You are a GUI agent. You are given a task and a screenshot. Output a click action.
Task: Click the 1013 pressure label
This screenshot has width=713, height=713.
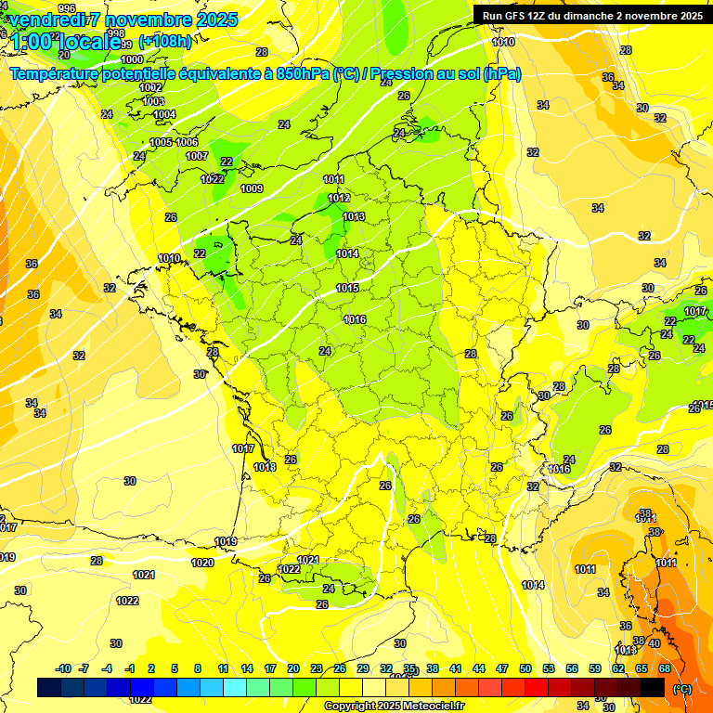354,216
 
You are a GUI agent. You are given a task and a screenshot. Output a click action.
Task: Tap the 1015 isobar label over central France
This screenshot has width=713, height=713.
347,289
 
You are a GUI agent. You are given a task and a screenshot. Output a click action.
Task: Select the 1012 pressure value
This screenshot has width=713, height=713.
339,198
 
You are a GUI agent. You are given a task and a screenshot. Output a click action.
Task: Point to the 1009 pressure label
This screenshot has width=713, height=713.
252,188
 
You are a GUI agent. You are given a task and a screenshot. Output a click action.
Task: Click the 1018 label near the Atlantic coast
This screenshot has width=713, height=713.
265,467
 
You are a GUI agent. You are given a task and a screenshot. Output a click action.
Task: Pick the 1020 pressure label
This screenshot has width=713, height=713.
202,563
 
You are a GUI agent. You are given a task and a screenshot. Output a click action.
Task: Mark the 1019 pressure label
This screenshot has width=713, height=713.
226,541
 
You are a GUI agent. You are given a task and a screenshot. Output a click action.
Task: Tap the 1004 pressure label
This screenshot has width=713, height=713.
164,114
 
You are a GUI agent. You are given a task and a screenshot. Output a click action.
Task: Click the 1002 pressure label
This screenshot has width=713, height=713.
150,87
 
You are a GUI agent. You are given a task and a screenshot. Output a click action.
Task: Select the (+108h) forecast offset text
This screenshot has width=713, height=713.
165,42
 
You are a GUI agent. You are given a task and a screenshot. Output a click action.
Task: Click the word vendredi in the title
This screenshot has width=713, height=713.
47,19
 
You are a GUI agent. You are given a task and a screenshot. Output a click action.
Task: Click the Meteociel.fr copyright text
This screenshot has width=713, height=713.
395,706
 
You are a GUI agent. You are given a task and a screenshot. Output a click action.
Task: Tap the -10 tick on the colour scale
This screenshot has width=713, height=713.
63,668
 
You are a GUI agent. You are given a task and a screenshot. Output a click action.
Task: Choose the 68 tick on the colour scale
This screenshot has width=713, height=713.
665,668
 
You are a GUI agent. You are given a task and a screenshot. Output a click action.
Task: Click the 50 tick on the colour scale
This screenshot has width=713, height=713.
525,668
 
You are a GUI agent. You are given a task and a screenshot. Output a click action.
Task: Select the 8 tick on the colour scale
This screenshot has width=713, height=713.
198,668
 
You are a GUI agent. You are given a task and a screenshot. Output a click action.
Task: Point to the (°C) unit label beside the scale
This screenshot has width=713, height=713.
682,689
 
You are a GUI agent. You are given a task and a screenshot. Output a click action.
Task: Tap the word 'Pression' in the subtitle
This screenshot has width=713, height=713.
414,74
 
